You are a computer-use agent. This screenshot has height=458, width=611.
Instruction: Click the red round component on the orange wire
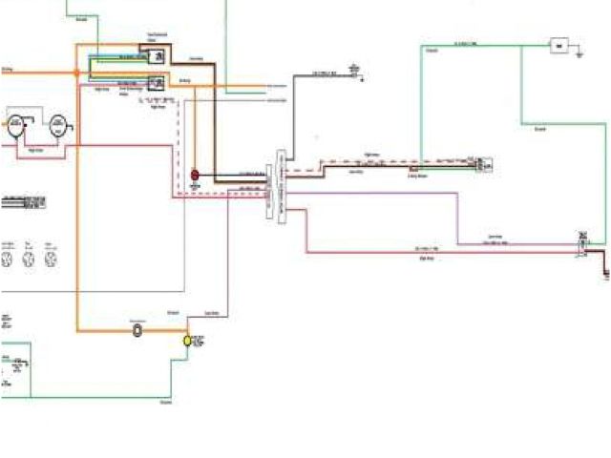coord(195,176)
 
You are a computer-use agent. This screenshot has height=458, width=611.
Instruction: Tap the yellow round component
coord(188,340)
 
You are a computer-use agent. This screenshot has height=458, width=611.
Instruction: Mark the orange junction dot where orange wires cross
coord(77,73)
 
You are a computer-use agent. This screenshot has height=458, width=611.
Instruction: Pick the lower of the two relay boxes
coord(157,84)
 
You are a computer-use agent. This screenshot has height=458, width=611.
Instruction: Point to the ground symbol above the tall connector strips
coord(355,69)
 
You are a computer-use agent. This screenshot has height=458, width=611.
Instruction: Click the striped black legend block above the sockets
coord(23,202)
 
